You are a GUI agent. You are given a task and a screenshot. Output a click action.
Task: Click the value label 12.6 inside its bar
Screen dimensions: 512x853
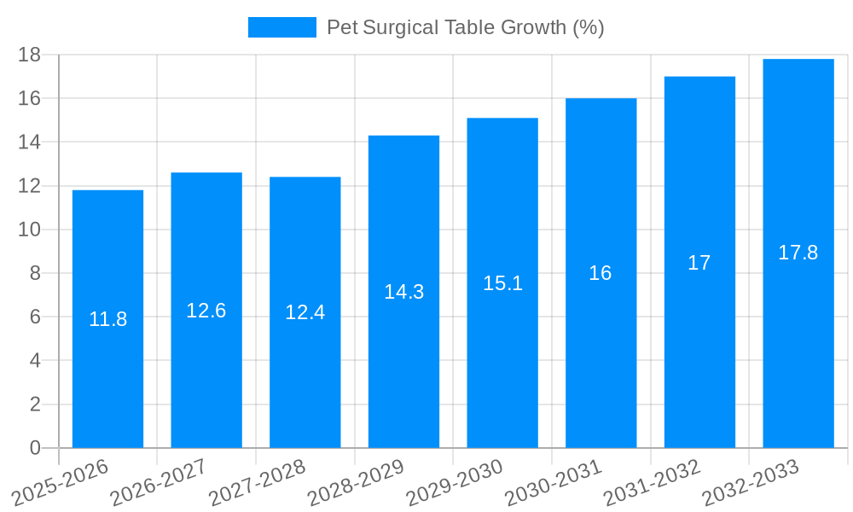(x=206, y=311)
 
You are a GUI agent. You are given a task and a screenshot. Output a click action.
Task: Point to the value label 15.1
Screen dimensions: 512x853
(x=502, y=283)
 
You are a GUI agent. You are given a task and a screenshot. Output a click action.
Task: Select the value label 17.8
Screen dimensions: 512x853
(x=798, y=253)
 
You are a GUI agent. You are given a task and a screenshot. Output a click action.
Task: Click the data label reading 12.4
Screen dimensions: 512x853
(x=305, y=312)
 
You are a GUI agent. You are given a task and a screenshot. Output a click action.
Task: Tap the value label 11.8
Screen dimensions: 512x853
(x=107, y=319)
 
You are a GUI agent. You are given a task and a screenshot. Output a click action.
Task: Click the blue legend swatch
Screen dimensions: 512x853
(x=281, y=27)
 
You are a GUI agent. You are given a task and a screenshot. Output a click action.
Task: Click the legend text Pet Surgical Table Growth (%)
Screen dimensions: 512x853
(x=466, y=27)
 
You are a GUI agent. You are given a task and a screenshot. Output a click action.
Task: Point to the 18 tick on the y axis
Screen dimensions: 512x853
(x=29, y=55)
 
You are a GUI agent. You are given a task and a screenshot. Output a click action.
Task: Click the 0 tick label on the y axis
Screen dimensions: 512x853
(x=35, y=448)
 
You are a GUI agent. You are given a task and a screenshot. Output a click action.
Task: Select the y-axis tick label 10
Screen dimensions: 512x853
(x=29, y=230)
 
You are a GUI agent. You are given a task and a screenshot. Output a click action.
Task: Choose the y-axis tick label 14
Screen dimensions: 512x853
(x=29, y=142)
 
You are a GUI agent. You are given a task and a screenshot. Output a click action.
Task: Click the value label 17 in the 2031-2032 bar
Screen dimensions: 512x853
(x=699, y=263)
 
